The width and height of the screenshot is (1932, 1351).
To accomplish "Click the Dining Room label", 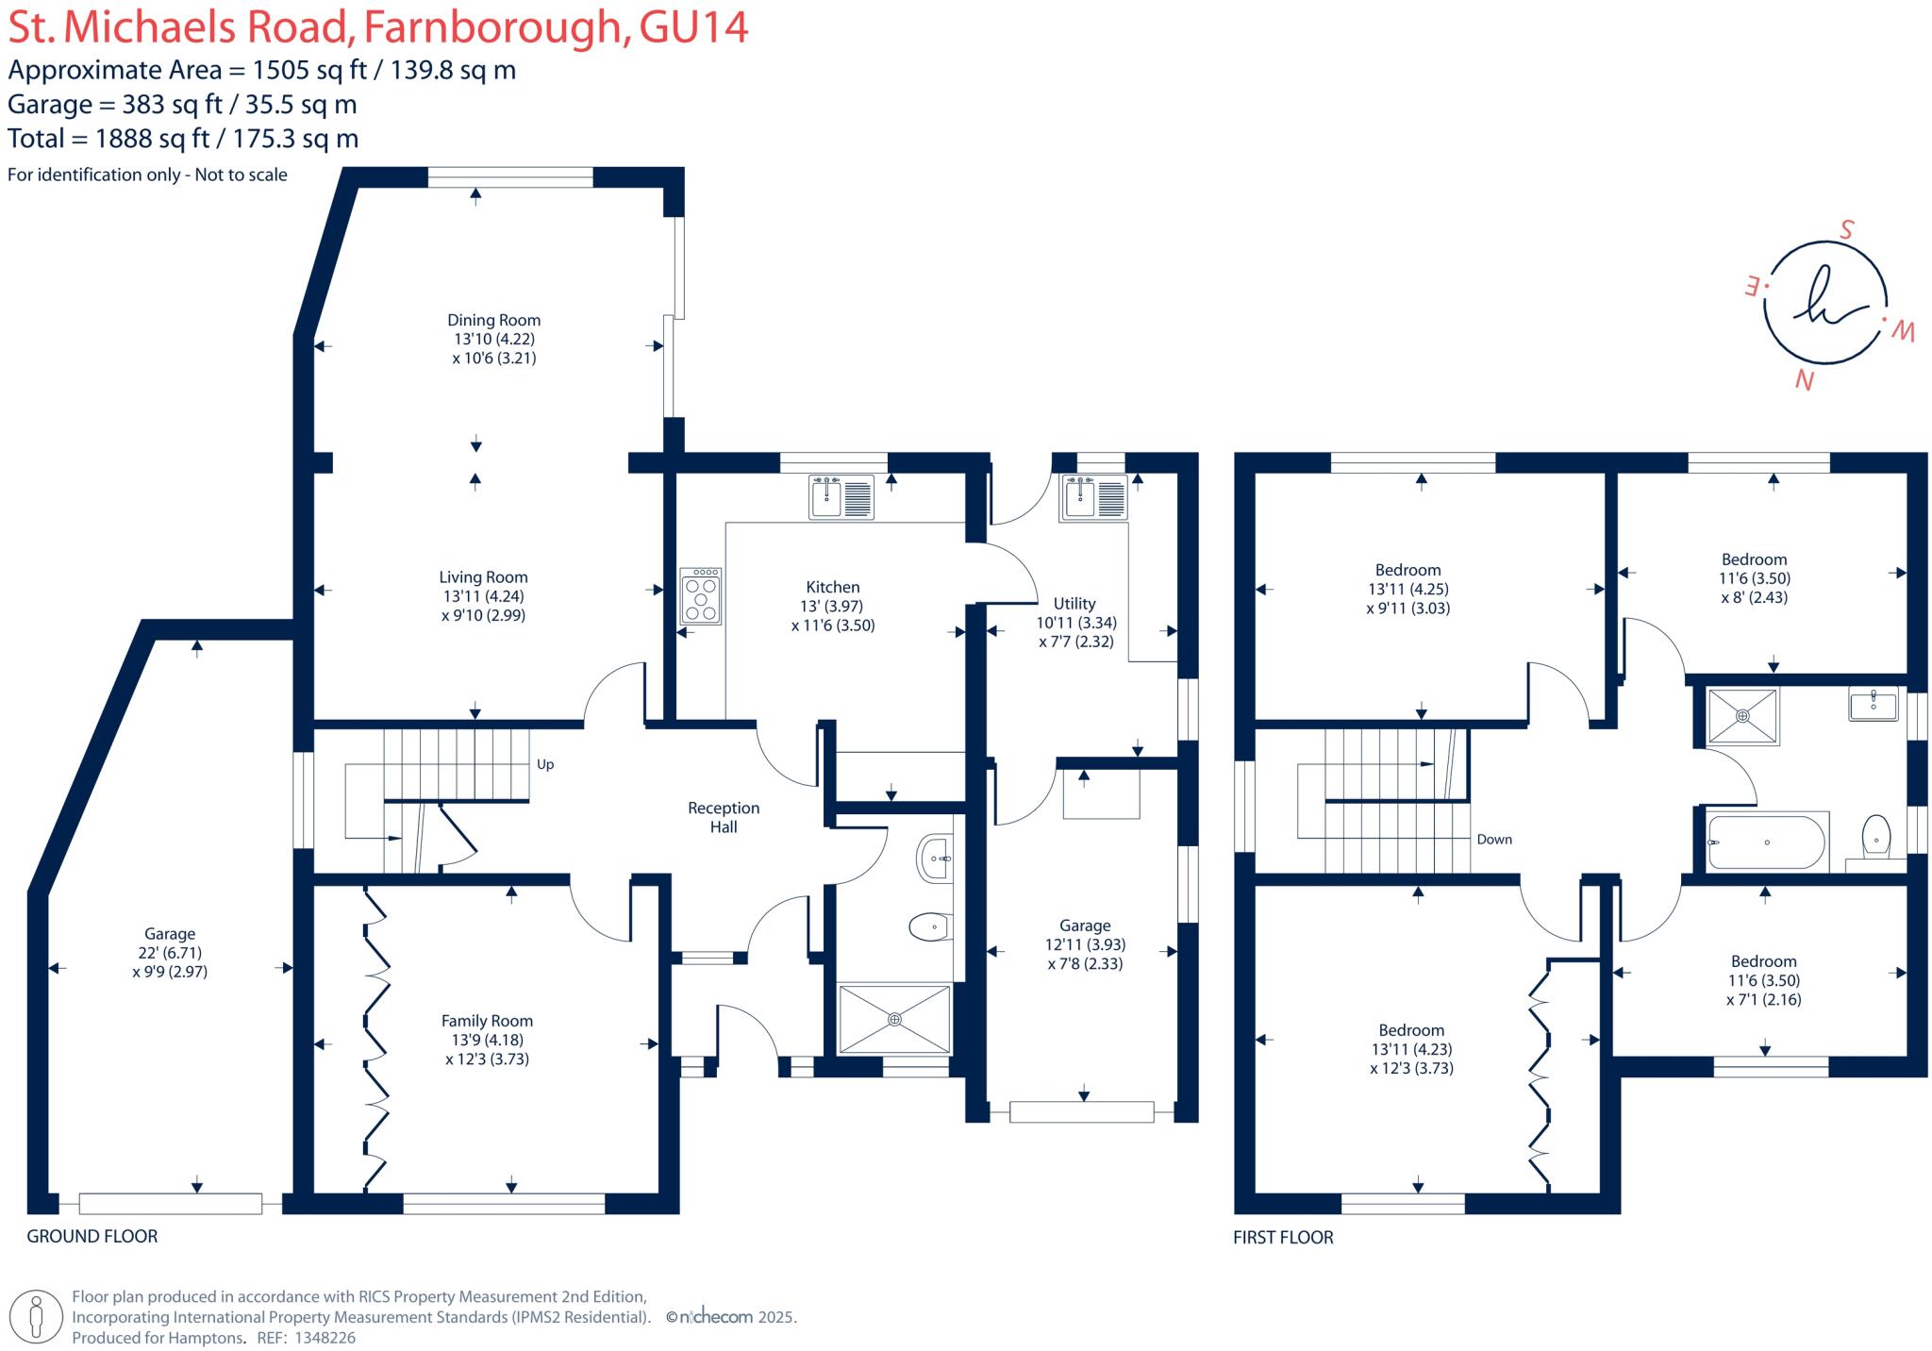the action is coord(493,320).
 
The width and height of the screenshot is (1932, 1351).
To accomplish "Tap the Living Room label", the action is coord(483,577).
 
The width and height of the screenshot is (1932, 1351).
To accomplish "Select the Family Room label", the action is coord(487,1021).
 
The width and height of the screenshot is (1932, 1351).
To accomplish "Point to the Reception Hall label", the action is coord(724,817).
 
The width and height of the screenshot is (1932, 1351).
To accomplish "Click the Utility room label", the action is coord(1074,604).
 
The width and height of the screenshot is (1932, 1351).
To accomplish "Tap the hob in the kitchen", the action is coord(701,595).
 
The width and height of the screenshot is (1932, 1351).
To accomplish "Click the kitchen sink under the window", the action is coord(841,497).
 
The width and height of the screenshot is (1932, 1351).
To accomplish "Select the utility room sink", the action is coord(1094,498).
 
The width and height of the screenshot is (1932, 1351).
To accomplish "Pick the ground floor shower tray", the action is coord(894,1019).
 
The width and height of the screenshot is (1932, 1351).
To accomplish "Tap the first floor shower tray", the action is coord(1742,716).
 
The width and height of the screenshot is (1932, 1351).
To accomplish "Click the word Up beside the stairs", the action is coord(545,764).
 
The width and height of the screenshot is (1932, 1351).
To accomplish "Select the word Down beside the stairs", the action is coord(1494,839).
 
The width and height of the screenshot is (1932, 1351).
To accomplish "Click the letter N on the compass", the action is coord(1805,380).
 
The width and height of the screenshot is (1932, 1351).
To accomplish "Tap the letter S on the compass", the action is coord(1846,229).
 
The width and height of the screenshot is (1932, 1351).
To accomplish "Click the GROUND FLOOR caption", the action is coord(92,1236).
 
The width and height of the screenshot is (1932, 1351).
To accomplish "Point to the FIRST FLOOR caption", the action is coord(1283,1237).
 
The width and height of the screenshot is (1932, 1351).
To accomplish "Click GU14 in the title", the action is coord(693,26).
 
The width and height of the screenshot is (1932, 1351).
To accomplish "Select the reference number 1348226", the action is coord(325,1338).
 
